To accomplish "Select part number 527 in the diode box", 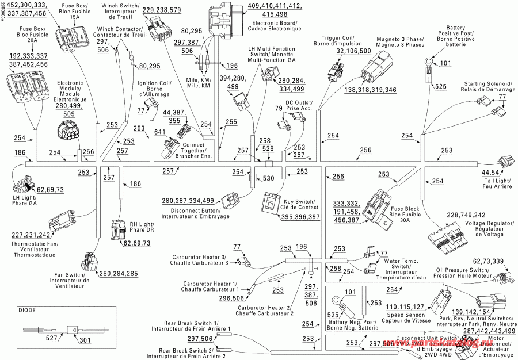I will pos(52,340).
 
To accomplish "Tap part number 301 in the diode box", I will pos(85,340).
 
